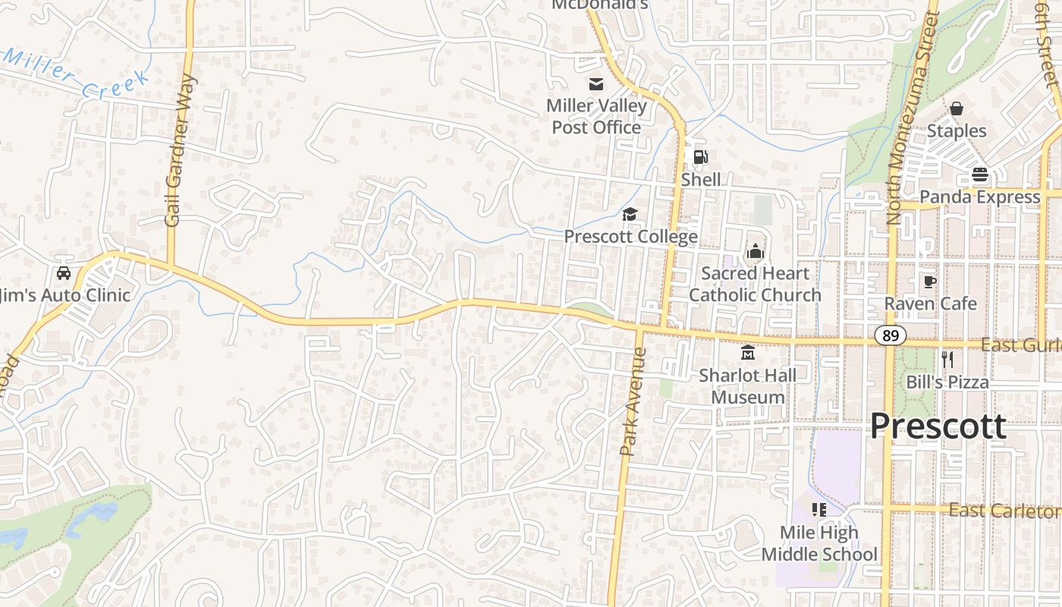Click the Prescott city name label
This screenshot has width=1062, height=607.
click(x=938, y=426)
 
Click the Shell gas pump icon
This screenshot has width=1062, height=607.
click(x=700, y=157)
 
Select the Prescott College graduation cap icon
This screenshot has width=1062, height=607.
click(x=630, y=215)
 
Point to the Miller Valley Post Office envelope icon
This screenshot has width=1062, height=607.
click(x=596, y=84)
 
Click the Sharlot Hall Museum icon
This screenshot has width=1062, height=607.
click(x=748, y=353)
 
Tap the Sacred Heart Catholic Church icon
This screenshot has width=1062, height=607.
click(x=755, y=250)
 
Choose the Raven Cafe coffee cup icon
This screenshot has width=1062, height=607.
click(x=930, y=281)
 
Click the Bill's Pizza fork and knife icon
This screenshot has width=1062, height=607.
click(x=947, y=359)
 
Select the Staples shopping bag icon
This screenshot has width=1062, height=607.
click(x=957, y=109)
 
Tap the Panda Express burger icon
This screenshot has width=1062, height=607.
click(x=979, y=175)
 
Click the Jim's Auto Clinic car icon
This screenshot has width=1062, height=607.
click(x=63, y=273)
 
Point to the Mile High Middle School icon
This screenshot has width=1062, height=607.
click(x=818, y=510)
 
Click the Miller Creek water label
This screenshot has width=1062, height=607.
click(x=76, y=76)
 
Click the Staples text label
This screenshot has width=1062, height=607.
click(x=957, y=131)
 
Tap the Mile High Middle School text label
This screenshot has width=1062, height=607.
click(x=819, y=543)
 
